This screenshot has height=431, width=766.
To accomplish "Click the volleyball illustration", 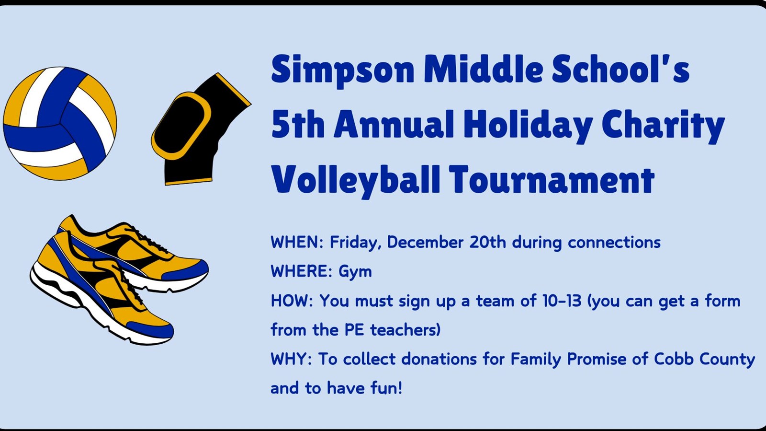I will pos(60,124).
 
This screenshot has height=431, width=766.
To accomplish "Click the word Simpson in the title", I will pos(342,70).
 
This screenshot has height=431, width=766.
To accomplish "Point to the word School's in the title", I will pos(620,69).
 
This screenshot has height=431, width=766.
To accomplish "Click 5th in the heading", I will pos(297,125).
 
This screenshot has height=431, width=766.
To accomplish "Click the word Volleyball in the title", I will pos(355,180).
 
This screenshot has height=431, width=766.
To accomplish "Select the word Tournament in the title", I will pos(552,180).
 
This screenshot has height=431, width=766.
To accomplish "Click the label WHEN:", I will pos(297,243).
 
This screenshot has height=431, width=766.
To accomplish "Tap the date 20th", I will pos(487,243).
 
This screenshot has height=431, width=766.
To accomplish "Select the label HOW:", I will pos(292,301).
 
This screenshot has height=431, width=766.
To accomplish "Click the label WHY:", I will pos(291,359).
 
